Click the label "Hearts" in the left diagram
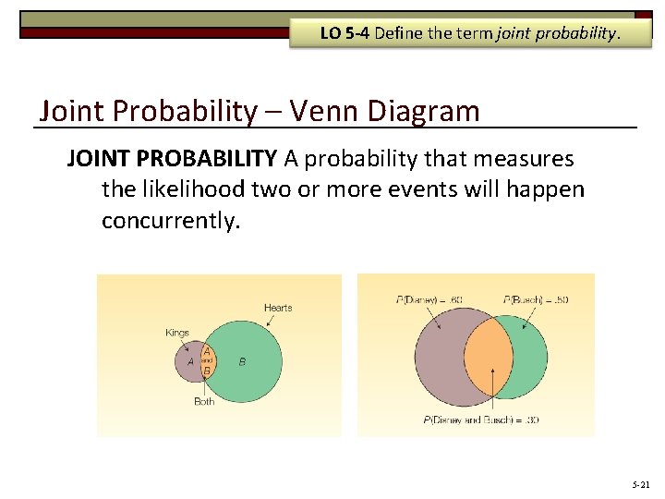click(x=277, y=308)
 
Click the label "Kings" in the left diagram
click(x=176, y=332)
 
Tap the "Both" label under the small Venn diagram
click(x=204, y=401)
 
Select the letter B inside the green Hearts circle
click(x=242, y=362)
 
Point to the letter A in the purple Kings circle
click(x=190, y=362)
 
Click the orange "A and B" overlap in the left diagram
click(x=207, y=361)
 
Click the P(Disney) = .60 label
click(x=429, y=298)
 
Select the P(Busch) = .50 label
click(x=536, y=298)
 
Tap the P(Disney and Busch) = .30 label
click(x=481, y=420)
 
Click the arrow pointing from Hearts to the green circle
click(x=266, y=322)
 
